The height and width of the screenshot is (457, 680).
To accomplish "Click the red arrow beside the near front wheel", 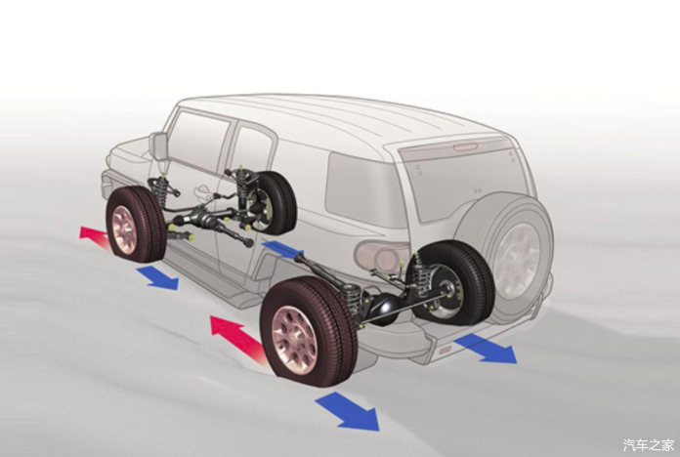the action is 95,237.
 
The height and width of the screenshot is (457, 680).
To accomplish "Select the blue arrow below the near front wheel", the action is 158,278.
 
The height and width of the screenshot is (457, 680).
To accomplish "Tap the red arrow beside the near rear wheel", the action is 237,338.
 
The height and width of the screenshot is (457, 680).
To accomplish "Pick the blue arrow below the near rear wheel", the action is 348,410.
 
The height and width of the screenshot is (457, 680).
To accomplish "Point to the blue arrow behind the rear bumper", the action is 486,350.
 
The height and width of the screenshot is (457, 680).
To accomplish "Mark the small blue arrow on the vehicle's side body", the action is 281,249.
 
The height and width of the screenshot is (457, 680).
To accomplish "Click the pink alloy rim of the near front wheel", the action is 124,229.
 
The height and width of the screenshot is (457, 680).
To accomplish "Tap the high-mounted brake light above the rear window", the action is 465,147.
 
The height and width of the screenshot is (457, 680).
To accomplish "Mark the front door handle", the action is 202,190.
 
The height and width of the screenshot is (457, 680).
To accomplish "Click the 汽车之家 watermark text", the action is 649,444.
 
